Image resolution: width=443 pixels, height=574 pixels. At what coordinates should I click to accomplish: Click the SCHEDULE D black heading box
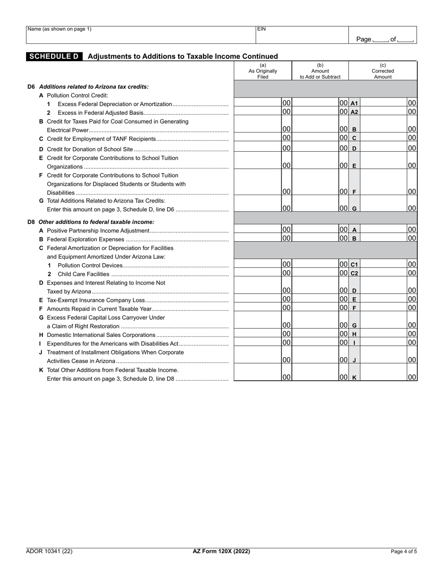tap(54, 56)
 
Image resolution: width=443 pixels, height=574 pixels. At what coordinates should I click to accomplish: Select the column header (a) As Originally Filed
tap(263, 71)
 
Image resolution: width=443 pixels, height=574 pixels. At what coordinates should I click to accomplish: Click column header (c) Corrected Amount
tap(382, 71)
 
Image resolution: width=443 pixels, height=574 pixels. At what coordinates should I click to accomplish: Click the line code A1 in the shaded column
tap(354, 104)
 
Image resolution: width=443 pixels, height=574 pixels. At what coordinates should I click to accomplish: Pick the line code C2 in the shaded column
tap(354, 273)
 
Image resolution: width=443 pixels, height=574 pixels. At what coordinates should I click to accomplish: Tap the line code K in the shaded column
tap(354, 378)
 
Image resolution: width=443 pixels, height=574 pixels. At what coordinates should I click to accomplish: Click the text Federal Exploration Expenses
tap(85, 239)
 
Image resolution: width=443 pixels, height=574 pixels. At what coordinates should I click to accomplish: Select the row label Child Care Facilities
tap(83, 274)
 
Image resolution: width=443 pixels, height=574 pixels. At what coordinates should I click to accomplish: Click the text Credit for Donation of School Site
tap(90, 149)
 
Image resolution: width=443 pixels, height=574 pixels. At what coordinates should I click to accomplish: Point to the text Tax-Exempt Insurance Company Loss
tap(96, 300)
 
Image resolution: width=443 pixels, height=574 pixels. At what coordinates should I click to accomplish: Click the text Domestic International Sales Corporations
tap(101, 335)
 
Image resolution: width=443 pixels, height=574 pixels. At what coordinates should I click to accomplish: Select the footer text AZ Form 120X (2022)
tap(221, 551)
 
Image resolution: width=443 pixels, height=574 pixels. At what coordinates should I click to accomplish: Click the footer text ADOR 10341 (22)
tap(49, 551)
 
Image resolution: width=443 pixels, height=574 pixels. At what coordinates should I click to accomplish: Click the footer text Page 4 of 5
tap(403, 552)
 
